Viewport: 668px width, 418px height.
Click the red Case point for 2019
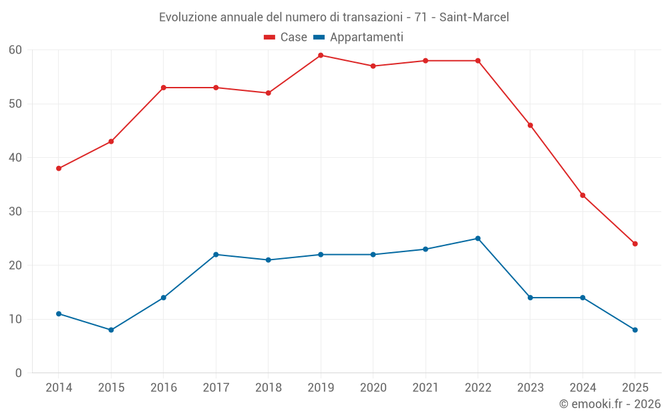[321, 56]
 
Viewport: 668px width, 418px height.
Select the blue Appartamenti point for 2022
[478, 239]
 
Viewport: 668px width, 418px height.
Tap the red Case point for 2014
[59, 169]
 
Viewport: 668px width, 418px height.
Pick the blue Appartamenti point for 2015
[111, 330]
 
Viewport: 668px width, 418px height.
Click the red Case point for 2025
[635, 243]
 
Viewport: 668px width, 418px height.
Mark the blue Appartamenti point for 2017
[216, 255]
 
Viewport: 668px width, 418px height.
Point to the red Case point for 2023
[530, 125]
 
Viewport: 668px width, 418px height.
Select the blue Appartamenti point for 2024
[582, 298]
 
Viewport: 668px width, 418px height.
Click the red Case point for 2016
[164, 88]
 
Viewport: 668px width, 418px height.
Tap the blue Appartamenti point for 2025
[635, 330]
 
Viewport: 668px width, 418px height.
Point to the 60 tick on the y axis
[15, 50]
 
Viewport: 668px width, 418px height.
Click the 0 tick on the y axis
[19, 373]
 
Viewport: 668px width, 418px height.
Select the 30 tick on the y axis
[15, 211]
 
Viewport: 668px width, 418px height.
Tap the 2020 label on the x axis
[373, 388]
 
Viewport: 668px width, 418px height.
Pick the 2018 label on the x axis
[268, 388]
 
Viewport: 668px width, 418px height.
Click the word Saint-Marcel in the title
[474, 17]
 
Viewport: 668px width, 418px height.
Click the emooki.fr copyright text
[609, 404]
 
